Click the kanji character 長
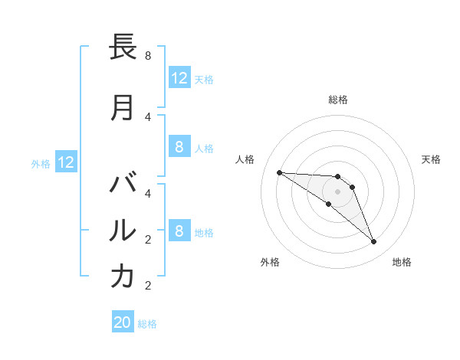123,48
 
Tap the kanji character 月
123,108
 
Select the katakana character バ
123,185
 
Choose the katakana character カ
123,277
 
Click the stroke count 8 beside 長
148,56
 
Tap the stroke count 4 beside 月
148,116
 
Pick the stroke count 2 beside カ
148,286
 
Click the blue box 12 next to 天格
179,78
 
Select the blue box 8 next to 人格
179,147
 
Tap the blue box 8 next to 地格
179,231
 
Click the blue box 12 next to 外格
65,162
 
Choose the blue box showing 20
122,322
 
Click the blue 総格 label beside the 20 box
147,324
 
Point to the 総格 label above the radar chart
337,100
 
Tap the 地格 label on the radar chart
402,262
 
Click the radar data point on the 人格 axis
279,172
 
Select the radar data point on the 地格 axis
373,242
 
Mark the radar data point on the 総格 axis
337,177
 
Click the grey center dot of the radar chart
337,191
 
